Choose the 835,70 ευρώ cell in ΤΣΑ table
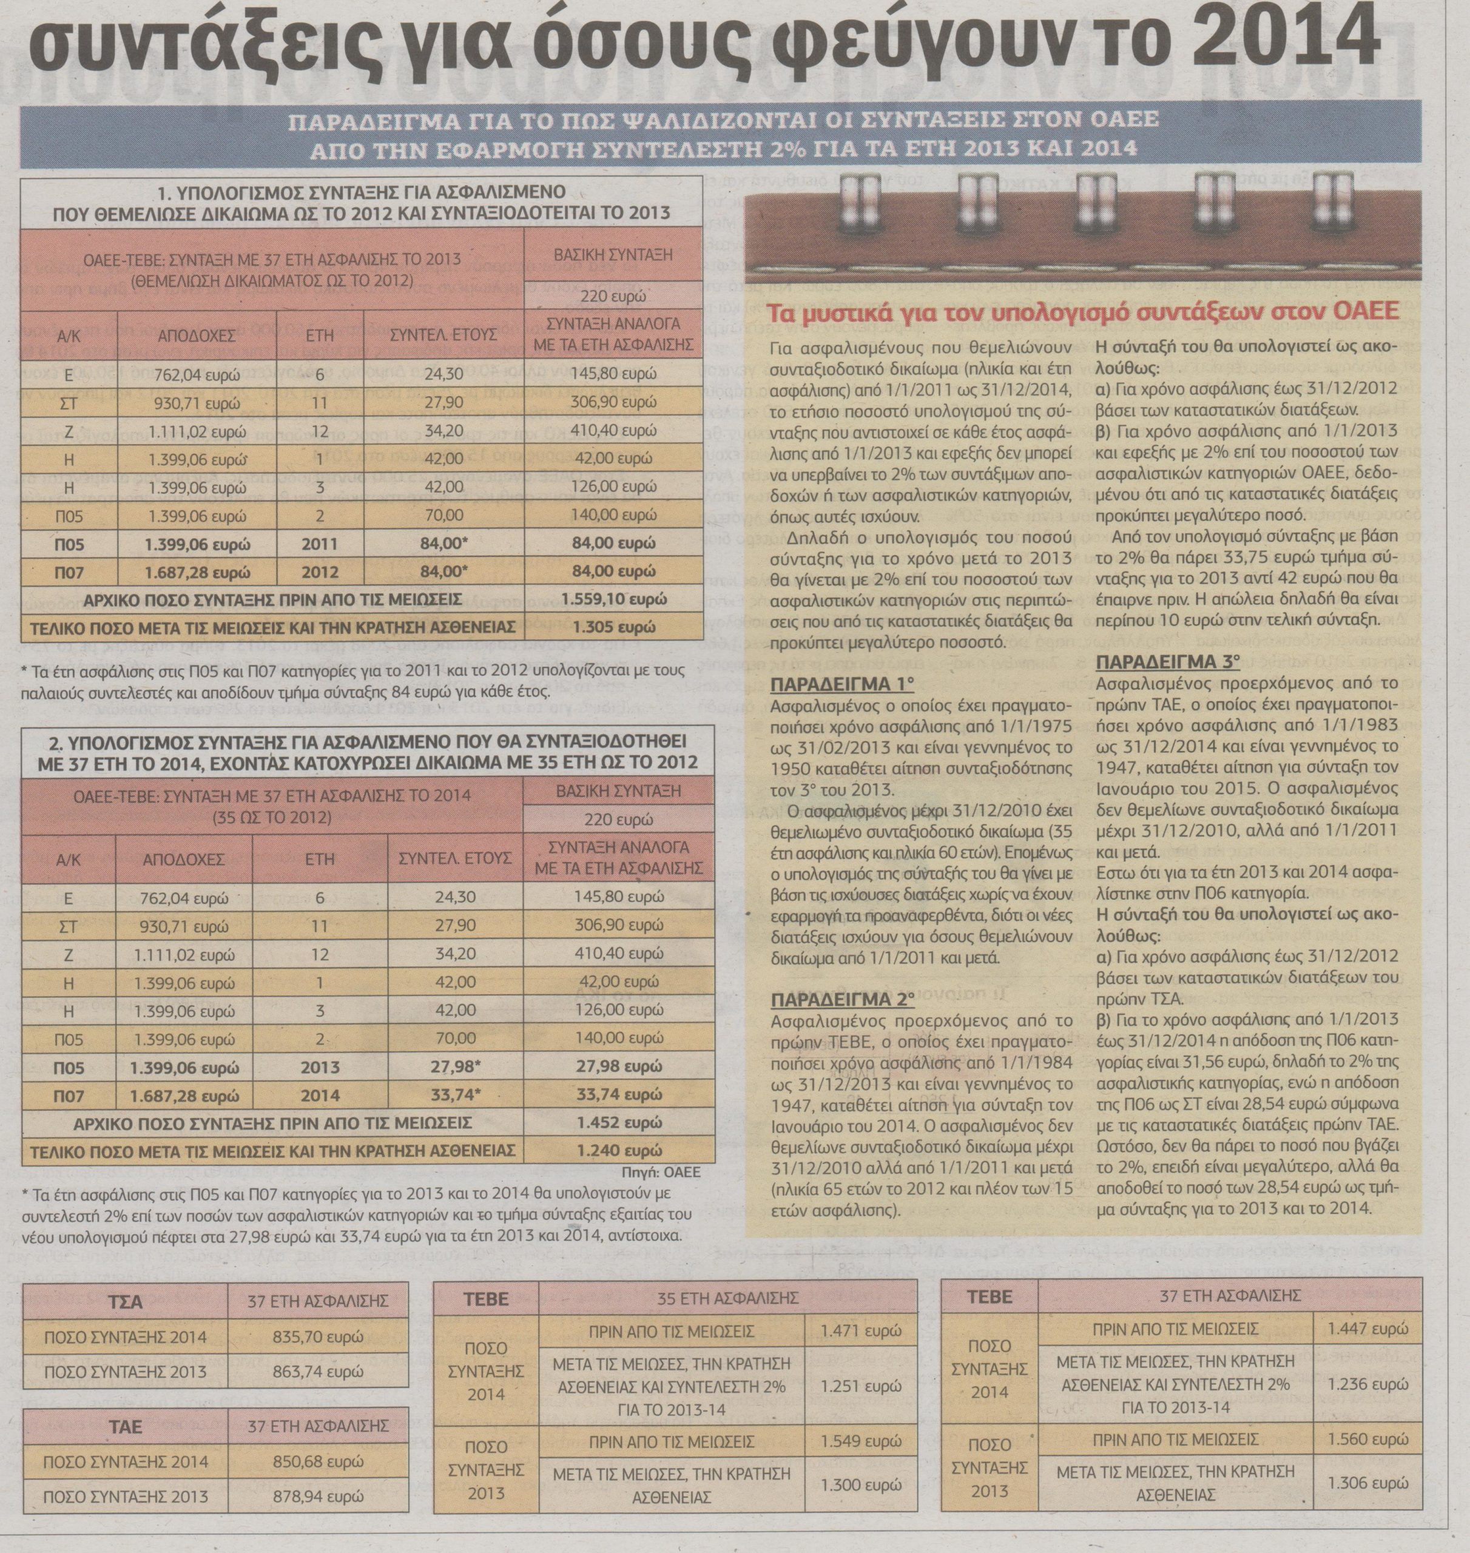tap(318, 1337)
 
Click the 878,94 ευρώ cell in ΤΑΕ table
tap(318, 1497)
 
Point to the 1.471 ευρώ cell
tap(861, 1330)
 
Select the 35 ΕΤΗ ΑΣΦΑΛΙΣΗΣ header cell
tap(727, 1299)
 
